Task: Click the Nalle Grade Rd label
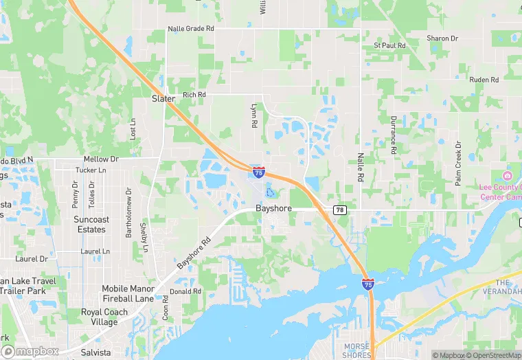coord(191,29)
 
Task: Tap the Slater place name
coord(163,99)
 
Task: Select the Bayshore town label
coord(274,207)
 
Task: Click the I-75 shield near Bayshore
coord(258,172)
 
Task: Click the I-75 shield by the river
coord(368,283)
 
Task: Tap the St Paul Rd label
coord(389,45)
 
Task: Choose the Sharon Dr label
coord(442,38)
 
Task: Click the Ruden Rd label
coord(484,80)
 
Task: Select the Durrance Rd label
coord(394,135)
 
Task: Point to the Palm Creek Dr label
coord(458,164)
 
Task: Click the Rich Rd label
coord(194,95)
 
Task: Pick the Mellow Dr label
coord(101,159)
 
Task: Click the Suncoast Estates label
coord(91,225)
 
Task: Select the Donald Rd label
coord(185,291)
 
